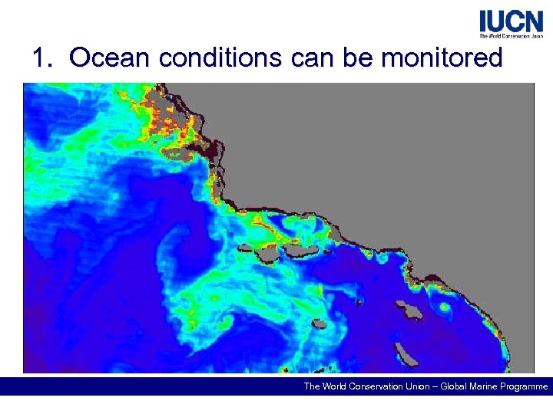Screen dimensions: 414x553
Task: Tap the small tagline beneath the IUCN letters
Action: pos(511,35)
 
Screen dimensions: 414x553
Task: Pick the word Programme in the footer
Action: pos(519,386)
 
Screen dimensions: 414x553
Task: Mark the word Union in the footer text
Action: pos(399,386)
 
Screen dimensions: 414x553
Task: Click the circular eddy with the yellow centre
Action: pos(444,309)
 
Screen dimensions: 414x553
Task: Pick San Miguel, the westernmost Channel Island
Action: pos(247,248)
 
